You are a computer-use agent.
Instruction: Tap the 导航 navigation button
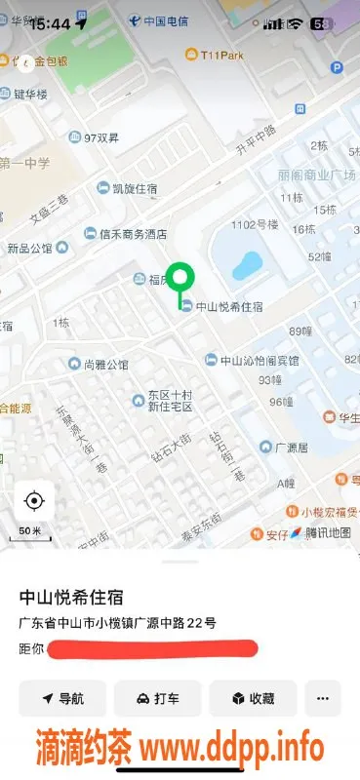tap(62, 698)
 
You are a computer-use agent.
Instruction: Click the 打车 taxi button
tap(157, 698)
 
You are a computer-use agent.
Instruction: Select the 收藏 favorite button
tap(253, 698)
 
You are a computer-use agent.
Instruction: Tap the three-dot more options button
tap(323, 698)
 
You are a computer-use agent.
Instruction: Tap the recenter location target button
tap(34, 501)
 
